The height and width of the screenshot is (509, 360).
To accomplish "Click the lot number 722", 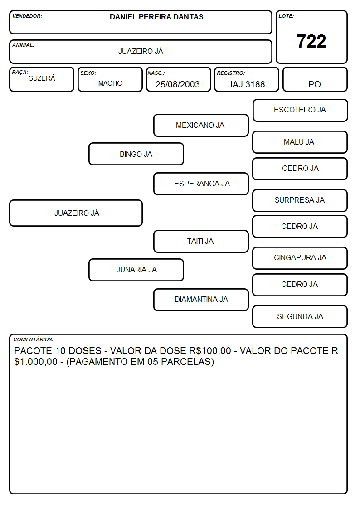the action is pyautogui.click(x=311, y=41).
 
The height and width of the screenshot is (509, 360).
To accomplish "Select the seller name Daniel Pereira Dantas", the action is pyautogui.click(x=156, y=17).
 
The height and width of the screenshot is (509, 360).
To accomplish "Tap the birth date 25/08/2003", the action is pyautogui.click(x=178, y=84).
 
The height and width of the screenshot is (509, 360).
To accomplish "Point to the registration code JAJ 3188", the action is pyautogui.click(x=246, y=84).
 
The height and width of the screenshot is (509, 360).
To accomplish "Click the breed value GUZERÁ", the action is pyautogui.click(x=42, y=78).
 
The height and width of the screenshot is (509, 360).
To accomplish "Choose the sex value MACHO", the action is pyautogui.click(x=110, y=83).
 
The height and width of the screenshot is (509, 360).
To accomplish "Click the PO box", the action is pyautogui.click(x=315, y=79).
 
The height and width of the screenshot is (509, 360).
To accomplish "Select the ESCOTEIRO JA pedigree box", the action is pyautogui.click(x=300, y=111).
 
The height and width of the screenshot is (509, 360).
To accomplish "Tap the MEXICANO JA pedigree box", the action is pyautogui.click(x=201, y=125).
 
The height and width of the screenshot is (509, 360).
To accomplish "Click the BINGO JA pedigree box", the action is pyautogui.click(x=136, y=154).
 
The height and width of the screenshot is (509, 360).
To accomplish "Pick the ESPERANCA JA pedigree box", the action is pyautogui.click(x=201, y=184).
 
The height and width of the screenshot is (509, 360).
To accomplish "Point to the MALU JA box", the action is pyautogui.click(x=300, y=142).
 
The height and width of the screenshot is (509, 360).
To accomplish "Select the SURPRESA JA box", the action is pyautogui.click(x=300, y=200).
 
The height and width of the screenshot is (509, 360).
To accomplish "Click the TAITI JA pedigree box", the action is pyautogui.click(x=201, y=241).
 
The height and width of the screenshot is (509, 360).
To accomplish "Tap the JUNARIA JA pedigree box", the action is pyautogui.click(x=136, y=270).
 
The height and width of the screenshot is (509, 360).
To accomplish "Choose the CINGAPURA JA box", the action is pyautogui.click(x=300, y=258).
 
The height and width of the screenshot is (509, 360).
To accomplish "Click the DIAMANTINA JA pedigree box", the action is pyautogui.click(x=201, y=300).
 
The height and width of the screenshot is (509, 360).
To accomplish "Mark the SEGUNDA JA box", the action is pyautogui.click(x=300, y=316).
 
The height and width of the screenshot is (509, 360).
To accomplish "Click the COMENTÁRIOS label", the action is pyautogui.click(x=34, y=339).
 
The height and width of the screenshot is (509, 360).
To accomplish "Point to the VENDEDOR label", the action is pyautogui.click(x=27, y=16).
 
